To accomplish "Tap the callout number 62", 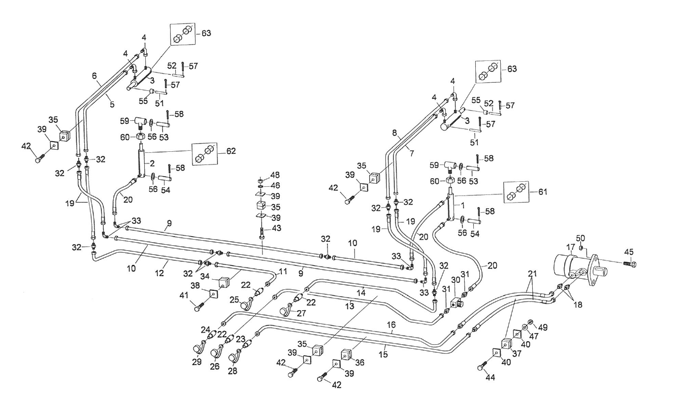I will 232,151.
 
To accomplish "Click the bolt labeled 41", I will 198,306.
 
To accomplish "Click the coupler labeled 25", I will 248,304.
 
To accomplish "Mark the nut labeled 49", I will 530,322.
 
